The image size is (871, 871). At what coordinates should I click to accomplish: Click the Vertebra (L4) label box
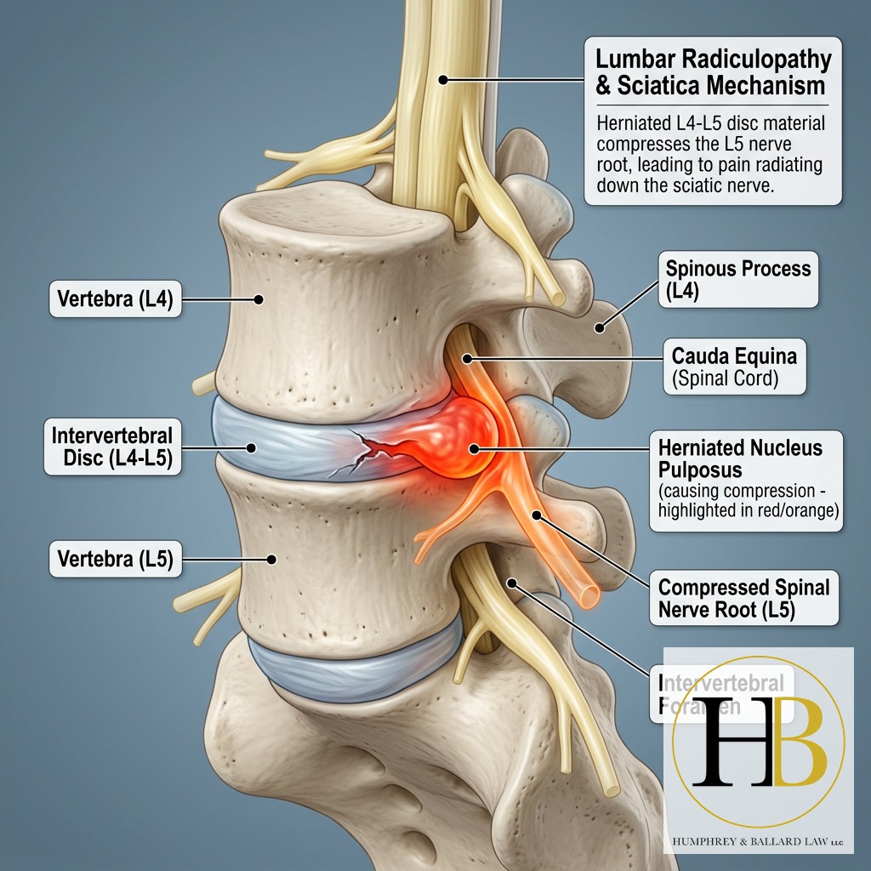116,299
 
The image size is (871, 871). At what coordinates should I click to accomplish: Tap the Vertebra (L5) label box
116,560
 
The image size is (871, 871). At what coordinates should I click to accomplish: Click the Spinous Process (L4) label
738,279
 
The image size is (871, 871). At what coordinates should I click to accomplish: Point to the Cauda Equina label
734,367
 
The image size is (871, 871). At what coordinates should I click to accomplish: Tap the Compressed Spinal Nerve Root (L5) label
743,598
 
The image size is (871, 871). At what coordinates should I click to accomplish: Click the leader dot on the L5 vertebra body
272,559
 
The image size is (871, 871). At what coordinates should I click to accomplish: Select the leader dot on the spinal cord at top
443,80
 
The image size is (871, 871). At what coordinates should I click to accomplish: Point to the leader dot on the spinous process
600,326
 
